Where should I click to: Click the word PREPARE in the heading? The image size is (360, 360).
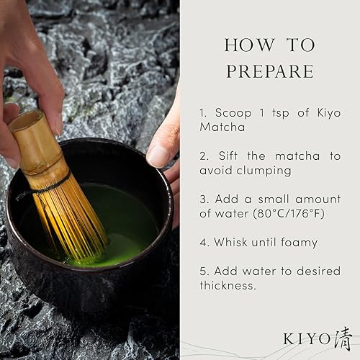click(269, 71)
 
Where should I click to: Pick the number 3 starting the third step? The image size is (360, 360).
click(204, 197)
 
